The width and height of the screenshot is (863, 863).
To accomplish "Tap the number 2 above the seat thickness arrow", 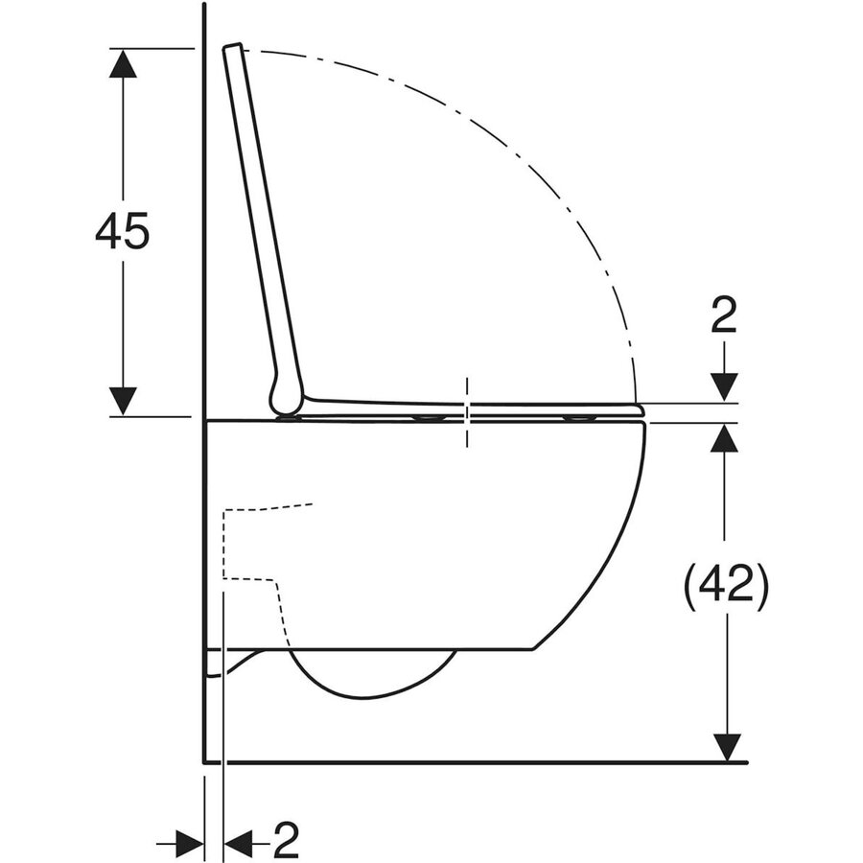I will tap(725, 316).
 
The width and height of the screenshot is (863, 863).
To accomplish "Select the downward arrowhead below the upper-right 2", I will tap(725, 386).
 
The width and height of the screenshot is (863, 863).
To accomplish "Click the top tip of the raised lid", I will tap(231, 47).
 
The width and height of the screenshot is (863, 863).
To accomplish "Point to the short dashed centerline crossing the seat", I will tap(467, 411).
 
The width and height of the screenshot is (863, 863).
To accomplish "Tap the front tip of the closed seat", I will tap(641, 409).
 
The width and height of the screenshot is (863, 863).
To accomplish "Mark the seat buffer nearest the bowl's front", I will tap(578, 418).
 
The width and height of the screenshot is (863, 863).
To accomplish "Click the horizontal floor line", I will tap(479, 762).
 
